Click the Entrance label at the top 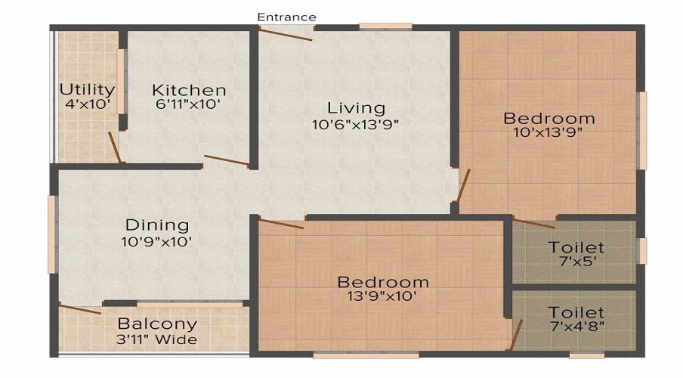click(x=286, y=17)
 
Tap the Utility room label click(x=88, y=90)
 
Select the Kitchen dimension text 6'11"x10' click(x=188, y=105)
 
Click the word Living click(x=356, y=107)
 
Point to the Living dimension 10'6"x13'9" click(x=356, y=123)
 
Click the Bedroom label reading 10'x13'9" click(x=549, y=119)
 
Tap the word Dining click(x=157, y=225)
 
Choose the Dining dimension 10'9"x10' click(x=157, y=242)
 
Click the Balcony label click(x=157, y=324)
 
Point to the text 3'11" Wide click(x=157, y=339)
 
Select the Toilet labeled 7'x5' click(x=576, y=247)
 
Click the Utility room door click(x=115, y=147)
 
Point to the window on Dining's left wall click(x=51, y=234)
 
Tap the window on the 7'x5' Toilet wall click(x=642, y=251)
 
